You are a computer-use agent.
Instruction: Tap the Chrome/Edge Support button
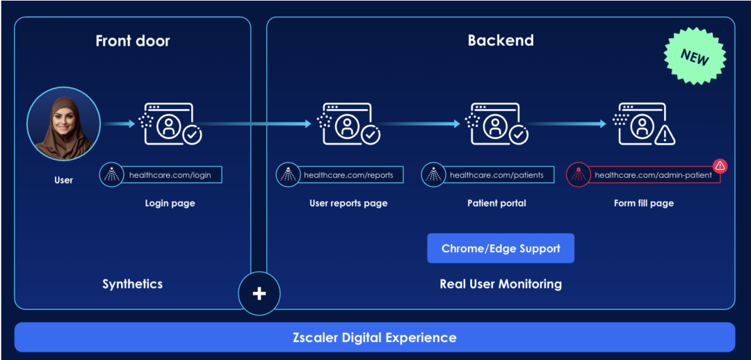tap(501, 248)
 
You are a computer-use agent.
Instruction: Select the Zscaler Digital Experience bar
tap(375, 338)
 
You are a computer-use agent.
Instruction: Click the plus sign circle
tap(259, 293)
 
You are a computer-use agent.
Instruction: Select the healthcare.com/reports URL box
tap(348, 175)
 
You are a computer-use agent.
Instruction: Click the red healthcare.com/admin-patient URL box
tap(653, 175)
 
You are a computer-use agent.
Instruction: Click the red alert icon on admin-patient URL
tap(720, 165)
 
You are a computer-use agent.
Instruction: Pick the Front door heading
tap(132, 41)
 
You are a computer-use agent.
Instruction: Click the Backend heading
tap(501, 40)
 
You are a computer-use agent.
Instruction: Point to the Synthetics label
tap(132, 284)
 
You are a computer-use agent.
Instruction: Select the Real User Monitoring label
tap(501, 284)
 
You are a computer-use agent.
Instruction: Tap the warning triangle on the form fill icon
tap(665, 135)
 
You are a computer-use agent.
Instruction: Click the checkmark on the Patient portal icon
tap(518, 135)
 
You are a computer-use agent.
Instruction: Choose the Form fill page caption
tap(643, 204)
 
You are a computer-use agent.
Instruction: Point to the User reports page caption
tap(348, 204)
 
